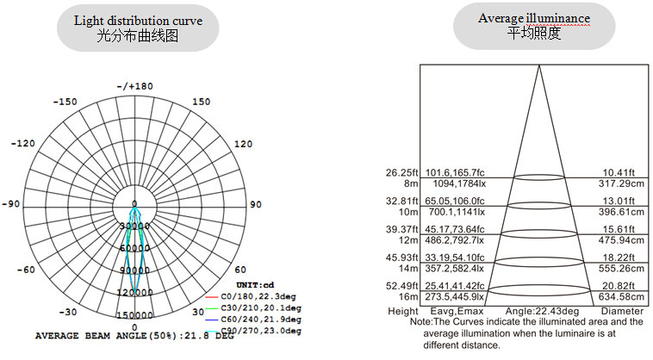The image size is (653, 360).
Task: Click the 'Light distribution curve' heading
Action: [138, 20]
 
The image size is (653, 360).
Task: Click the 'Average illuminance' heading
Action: [534, 18]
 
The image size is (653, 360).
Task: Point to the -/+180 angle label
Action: [134, 86]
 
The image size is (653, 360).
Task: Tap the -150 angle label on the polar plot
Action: [65, 102]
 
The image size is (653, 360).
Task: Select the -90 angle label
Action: [11, 204]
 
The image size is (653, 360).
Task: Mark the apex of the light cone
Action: [539, 66]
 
